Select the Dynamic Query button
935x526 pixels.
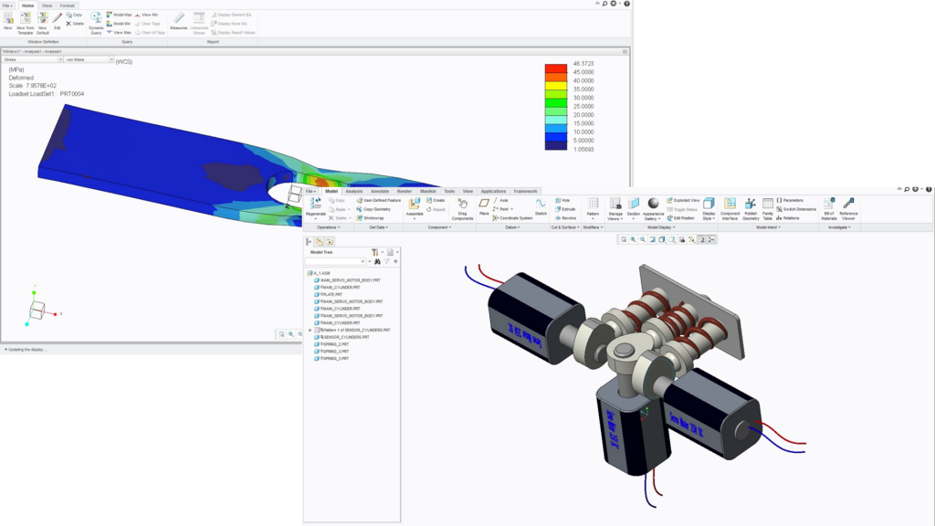click(x=96, y=22)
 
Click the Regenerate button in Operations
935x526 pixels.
click(x=315, y=206)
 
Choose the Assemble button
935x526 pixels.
click(x=415, y=206)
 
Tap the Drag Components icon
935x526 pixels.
click(x=462, y=208)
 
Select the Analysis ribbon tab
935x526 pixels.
click(x=353, y=191)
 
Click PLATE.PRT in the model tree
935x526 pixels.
click(x=331, y=294)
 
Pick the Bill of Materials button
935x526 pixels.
click(x=829, y=207)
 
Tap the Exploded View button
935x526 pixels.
click(x=686, y=200)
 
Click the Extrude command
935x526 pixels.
click(x=566, y=209)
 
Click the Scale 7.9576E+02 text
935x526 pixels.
click(x=35, y=85)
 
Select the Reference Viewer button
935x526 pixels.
click(x=848, y=207)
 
